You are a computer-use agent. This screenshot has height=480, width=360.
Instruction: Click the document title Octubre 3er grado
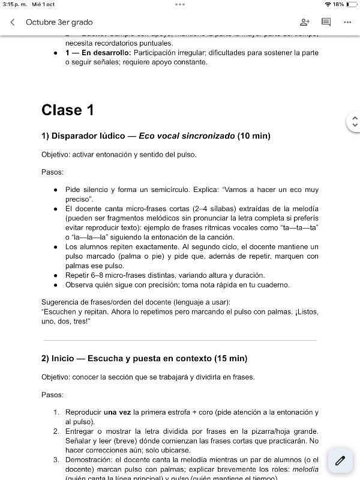(59, 22)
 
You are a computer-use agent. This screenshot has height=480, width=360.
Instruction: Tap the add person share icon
(304, 22)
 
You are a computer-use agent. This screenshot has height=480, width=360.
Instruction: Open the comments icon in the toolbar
(326, 22)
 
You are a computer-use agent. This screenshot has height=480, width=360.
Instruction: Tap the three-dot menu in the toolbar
(347, 22)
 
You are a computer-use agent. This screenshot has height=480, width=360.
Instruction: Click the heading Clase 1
(67, 110)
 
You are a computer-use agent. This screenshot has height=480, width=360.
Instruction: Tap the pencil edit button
(340, 461)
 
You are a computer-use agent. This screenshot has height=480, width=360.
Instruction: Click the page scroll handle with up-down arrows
(354, 122)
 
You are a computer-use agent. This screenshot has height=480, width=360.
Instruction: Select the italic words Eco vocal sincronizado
(187, 136)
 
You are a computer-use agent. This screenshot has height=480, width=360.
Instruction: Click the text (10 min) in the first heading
(254, 136)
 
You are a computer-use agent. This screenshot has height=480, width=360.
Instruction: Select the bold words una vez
(118, 412)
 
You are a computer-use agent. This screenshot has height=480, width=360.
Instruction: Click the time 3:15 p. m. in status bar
(14, 4)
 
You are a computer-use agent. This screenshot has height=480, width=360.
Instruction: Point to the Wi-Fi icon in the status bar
(328, 4)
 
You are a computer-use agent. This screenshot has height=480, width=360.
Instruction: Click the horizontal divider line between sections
(179, 340)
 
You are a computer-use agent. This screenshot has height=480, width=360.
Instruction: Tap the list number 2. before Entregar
(56, 431)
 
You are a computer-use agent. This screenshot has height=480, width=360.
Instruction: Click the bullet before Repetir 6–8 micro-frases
(56, 275)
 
